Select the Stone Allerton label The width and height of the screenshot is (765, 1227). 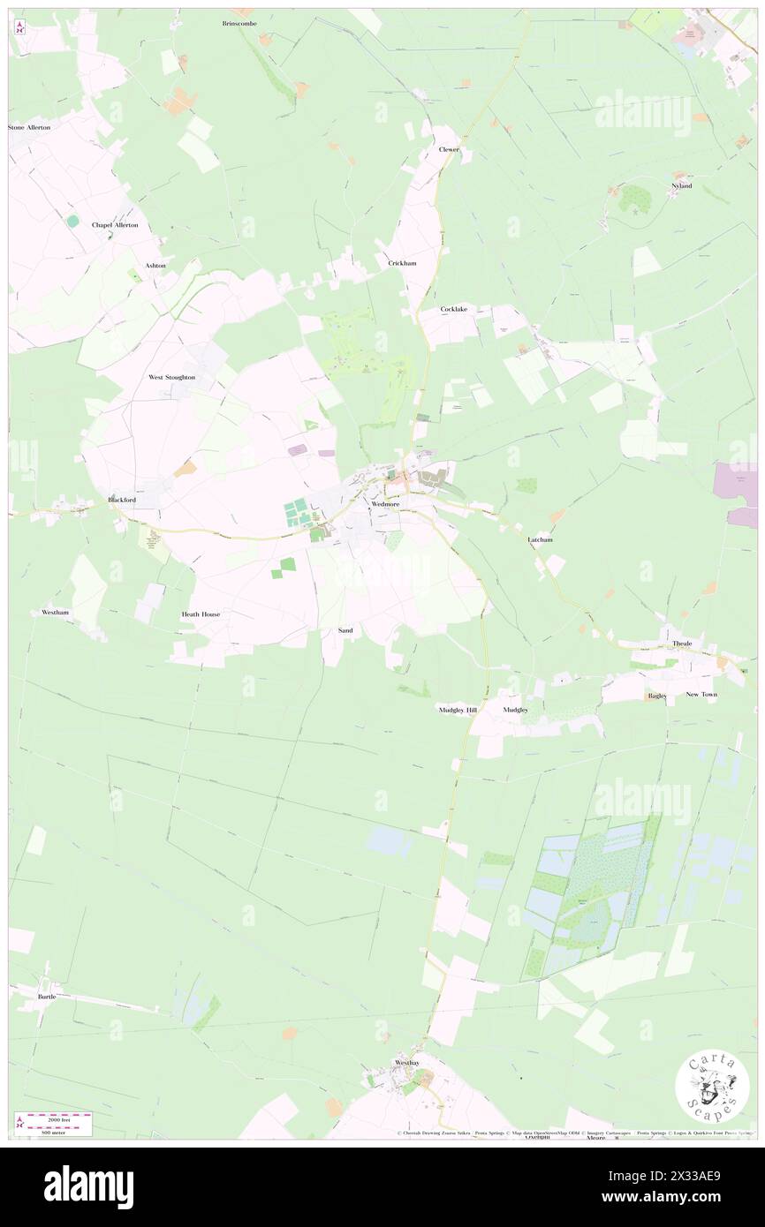point(29,128)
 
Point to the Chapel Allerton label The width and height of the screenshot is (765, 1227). point(115,225)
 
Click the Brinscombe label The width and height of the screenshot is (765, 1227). point(239,23)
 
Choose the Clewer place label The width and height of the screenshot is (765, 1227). point(450,150)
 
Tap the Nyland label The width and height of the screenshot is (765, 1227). point(681,187)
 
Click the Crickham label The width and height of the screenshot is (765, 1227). point(402,263)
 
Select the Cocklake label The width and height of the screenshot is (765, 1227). point(454,309)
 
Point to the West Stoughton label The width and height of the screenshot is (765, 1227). point(171,377)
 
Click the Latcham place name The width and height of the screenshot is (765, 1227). point(540,539)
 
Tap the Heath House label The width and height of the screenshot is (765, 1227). point(201,613)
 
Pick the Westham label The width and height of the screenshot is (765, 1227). point(56,612)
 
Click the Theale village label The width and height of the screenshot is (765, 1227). point(682,644)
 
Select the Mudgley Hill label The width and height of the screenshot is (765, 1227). point(458,710)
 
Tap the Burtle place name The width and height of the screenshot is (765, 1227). point(47,997)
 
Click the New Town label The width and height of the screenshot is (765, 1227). point(701,695)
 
